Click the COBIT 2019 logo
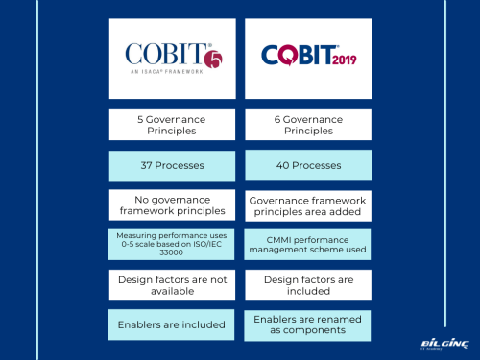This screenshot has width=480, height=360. [x=306, y=55]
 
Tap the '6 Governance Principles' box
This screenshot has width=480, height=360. [x=306, y=125]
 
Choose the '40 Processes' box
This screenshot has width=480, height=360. [x=306, y=165]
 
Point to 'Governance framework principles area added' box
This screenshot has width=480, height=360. [x=306, y=204]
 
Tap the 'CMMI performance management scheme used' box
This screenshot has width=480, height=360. [x=306, y=245]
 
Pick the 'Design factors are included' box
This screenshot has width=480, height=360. [x=306, y=284]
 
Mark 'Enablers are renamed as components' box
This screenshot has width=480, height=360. [x=306, y=324]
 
